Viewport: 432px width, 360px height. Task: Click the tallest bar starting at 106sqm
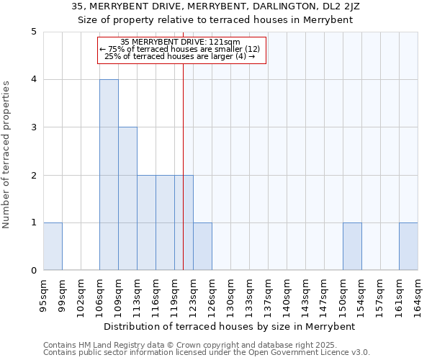tap(109, 175)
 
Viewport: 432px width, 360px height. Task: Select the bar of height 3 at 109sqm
tap(127, 199)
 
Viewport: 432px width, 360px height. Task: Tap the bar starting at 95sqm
tap(53, 247)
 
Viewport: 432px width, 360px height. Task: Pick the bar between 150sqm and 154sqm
tap(352, 247)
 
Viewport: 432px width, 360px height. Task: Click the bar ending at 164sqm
tap(408, 247)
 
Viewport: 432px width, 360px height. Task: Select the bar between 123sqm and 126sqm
tap(202, 247)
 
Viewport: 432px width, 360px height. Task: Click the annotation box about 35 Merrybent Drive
tap(181, 50)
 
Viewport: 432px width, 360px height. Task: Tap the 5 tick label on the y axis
tap(33, 32)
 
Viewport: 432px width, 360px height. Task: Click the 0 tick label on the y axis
tap(33, 271)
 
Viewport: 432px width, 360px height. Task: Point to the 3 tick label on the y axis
tap(33, 127)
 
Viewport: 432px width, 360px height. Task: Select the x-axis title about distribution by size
tap(230, 326)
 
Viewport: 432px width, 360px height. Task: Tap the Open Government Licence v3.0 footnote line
tap(207, 353)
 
